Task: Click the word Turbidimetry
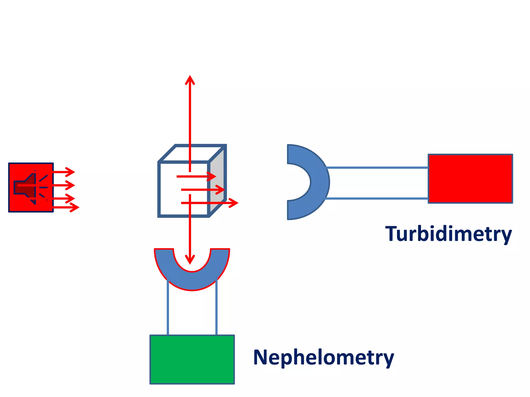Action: tap(448, 234)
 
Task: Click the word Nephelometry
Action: tap(323, 357)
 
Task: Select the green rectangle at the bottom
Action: tap(192, 360)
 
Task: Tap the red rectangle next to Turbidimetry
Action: tap(470, 179)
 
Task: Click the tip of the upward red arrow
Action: tap(190, 77)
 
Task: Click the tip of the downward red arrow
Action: tap(190, 263)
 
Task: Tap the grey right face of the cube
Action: tap(217, 181)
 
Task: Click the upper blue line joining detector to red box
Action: tap(377, 168)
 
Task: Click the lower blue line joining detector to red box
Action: tap(377, 198)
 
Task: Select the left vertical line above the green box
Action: tap(168, 308)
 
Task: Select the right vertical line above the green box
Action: tap(216, 308)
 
